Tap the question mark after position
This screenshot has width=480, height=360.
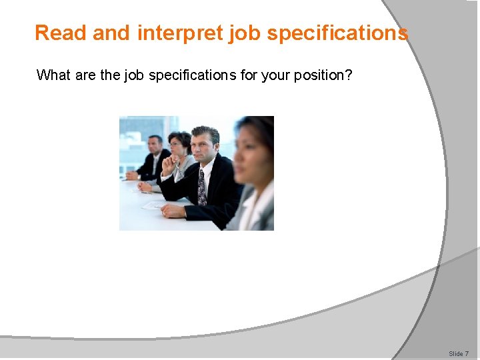coord(349,75)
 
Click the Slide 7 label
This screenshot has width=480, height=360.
coord(458,353)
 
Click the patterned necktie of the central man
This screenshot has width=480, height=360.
coord(201,188)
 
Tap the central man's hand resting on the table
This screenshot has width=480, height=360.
coord(174,210)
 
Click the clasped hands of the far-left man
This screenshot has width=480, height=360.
coord(133,175)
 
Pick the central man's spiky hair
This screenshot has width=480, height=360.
coord(205,133)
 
